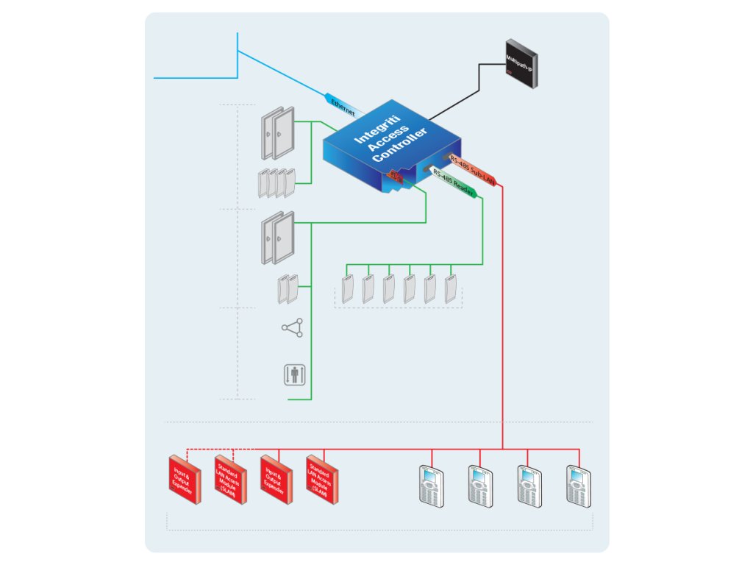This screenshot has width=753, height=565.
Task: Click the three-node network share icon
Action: (292, 328)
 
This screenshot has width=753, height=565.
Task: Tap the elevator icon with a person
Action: (294, 374)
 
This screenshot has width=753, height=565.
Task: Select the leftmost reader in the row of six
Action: (348, 288)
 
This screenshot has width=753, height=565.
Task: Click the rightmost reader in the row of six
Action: (451, 288)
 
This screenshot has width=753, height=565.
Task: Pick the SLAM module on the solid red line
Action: (322, 479)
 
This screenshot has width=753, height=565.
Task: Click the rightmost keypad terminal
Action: (579, 486)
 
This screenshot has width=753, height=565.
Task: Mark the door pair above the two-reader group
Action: (277, 237)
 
